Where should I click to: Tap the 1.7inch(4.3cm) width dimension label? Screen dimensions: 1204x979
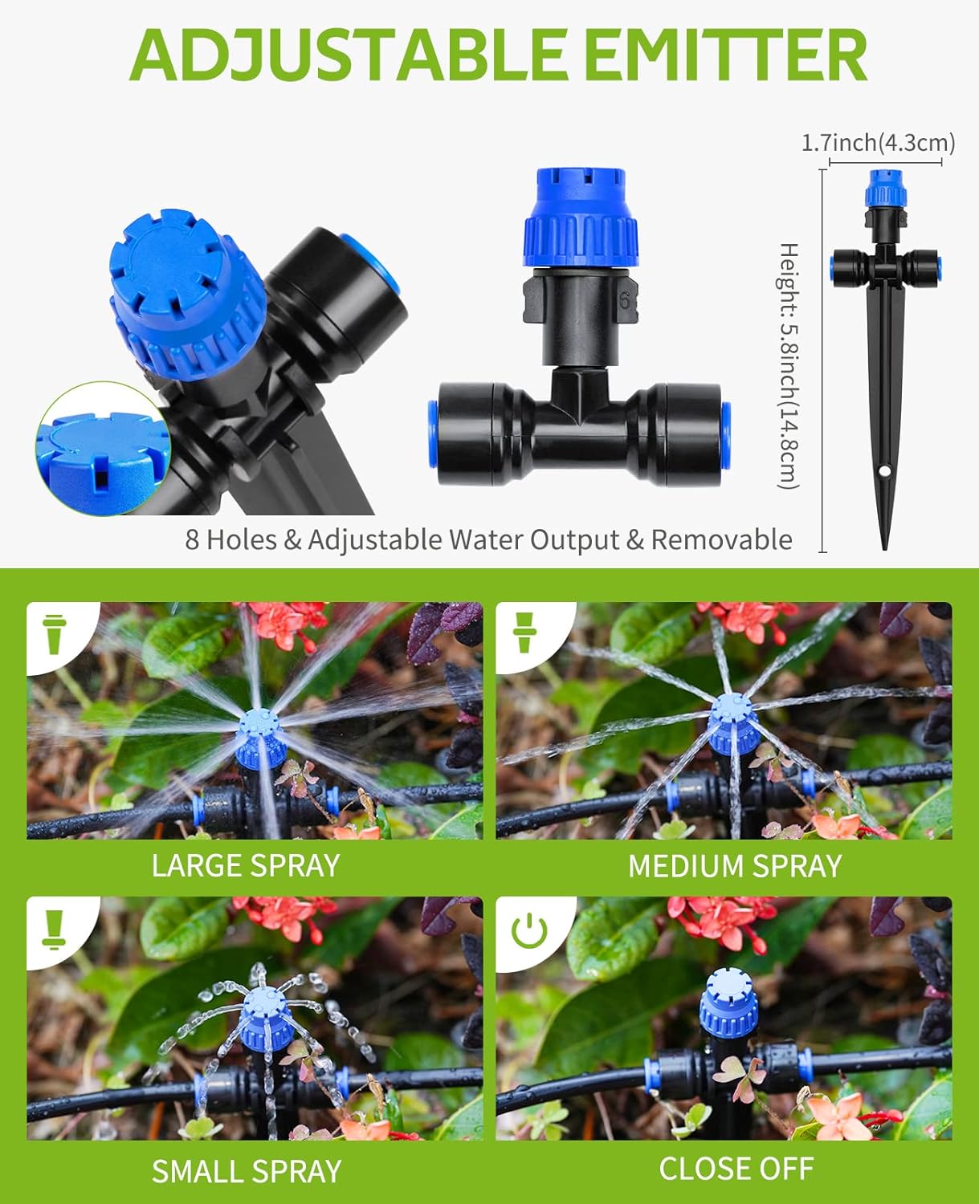[x=878, y=143]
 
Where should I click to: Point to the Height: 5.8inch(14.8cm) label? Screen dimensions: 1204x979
[x=789, y=365]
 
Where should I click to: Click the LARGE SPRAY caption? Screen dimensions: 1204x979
[x=246, y=865]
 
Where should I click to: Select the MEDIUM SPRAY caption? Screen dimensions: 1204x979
[x=734, y=866]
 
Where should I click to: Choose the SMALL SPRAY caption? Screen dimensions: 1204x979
[x=247, y=1171]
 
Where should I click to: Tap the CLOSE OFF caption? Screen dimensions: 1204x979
[x=736, y=1169]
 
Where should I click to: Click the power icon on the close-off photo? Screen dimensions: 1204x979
[x=529, y=931]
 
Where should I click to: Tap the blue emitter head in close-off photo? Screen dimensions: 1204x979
[x=729, y=1001]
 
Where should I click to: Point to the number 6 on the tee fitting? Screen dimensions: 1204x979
[x=624, y=301]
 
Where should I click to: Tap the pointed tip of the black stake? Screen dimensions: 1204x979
[x=885, y=546]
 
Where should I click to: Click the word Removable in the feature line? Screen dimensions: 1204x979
[x=721, y=539]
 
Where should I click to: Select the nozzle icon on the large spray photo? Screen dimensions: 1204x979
[x=55, y=634]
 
